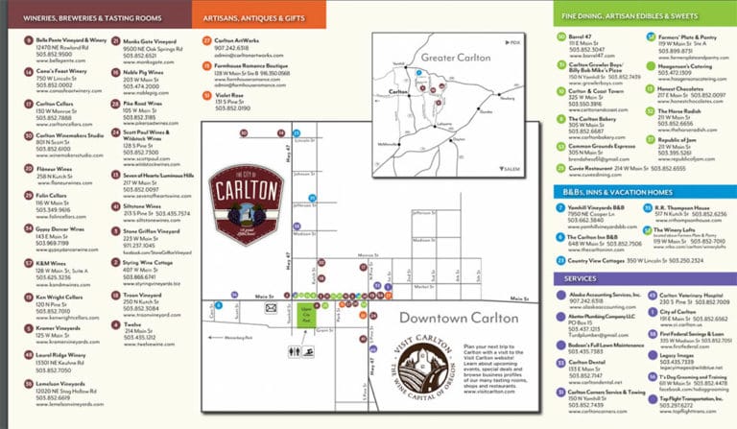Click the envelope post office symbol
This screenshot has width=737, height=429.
point(272,310)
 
